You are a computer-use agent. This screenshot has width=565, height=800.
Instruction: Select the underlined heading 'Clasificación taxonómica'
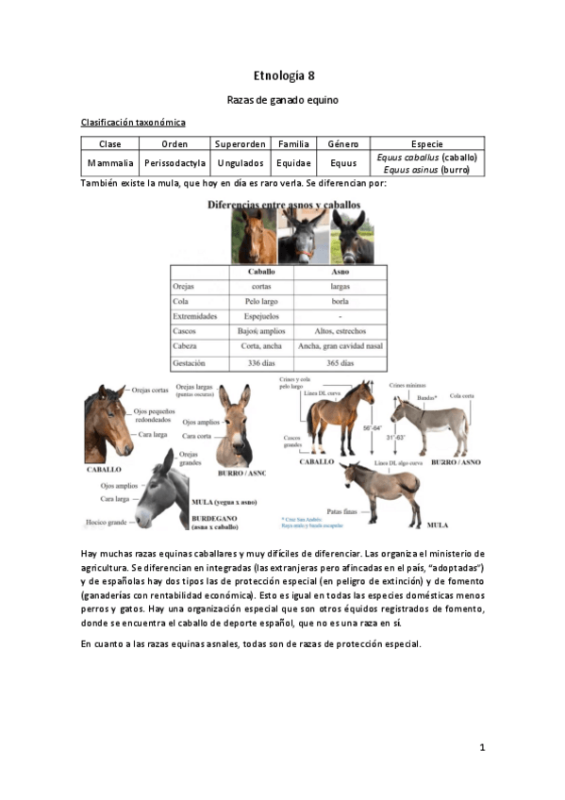point(133,123)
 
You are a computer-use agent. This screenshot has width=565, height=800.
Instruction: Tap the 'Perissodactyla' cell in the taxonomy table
point(174,163)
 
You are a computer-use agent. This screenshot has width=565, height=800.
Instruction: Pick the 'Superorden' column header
point(241,144)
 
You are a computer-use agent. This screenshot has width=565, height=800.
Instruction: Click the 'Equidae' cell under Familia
point(293,163)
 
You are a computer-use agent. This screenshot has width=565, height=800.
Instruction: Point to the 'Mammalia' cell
point(110,163)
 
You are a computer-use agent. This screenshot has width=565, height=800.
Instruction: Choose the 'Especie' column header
point(426,144)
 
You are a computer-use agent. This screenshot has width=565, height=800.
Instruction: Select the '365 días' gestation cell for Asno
point(341,362)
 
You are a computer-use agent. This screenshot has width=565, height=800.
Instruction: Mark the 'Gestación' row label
point(191,362)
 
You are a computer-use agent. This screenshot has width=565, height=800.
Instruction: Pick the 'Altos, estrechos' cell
point(341,331)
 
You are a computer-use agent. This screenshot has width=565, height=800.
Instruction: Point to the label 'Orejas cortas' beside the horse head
point(151,390)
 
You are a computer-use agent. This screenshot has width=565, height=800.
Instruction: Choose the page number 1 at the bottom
point(481,748)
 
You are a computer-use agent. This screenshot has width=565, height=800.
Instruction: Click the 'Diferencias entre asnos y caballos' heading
point(279,203)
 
